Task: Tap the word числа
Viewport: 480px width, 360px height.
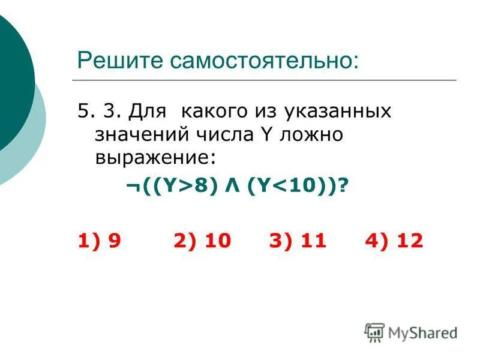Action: click(x=210, y=134)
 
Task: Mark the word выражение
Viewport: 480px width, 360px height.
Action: click(x=154, y=157)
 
